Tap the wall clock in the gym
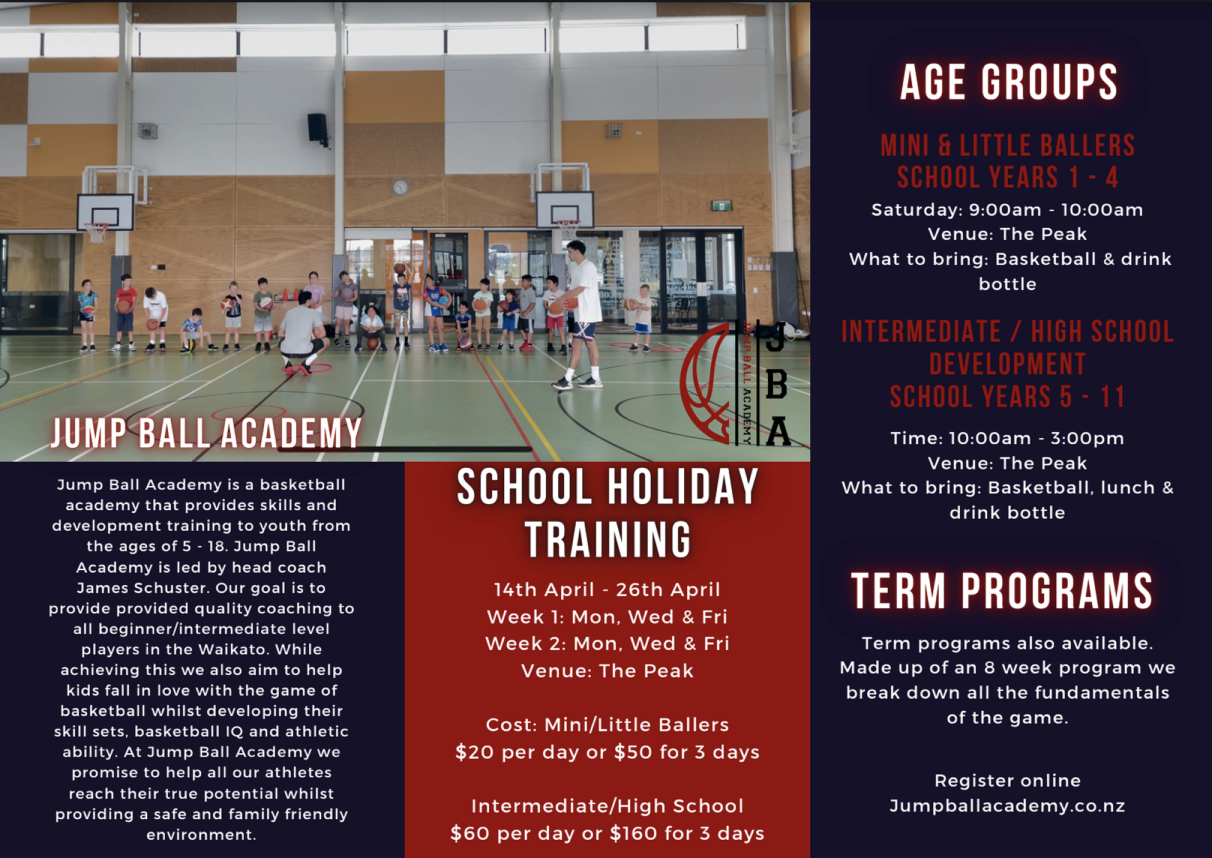[401, 187]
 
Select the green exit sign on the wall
[721, 206]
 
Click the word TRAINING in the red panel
[608, 539]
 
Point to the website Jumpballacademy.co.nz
[1007, 806]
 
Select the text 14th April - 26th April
[607, 590]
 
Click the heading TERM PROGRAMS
[1002, 591]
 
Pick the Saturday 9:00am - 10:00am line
[1007, 210]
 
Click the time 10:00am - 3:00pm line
[1007, 438]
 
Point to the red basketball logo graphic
[706, 383]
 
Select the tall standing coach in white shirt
[578, 314]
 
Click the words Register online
[1007, 780]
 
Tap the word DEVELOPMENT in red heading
[1007, 364]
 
